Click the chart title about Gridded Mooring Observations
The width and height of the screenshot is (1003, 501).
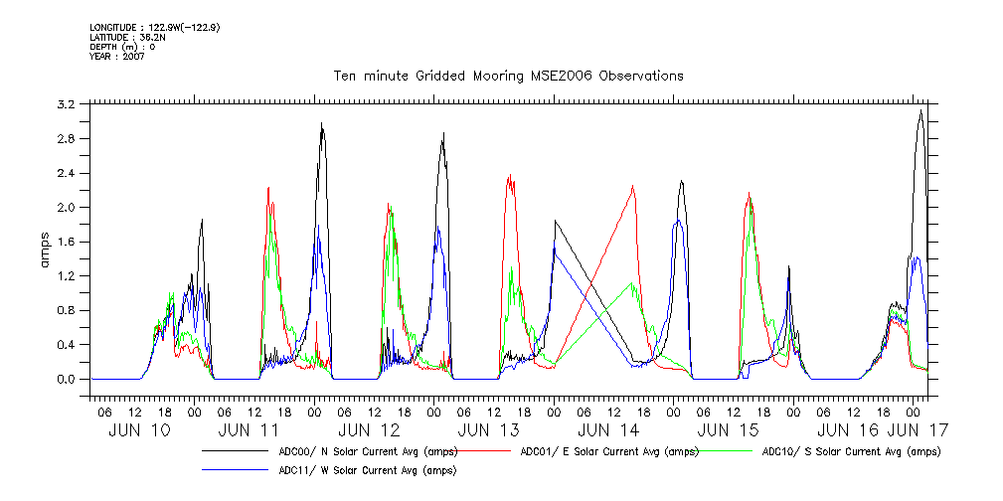coord(507,76)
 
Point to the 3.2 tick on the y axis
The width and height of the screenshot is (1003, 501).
coord(67,104)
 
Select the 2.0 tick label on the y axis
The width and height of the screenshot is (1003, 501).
coord(67,208)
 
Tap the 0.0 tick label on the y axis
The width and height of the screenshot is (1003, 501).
coord(67,380)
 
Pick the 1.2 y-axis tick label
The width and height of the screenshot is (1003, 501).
coord(67,276)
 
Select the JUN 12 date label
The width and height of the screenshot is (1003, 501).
coord(369,430)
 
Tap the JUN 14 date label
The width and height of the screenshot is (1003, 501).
coord(608,430)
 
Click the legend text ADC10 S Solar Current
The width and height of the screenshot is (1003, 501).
coord(850,451)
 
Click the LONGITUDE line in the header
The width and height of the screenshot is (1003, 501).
coord(154,27)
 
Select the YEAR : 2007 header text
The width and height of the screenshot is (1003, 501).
coord(117,57)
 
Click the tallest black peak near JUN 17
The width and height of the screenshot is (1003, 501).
coord(921,111)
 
